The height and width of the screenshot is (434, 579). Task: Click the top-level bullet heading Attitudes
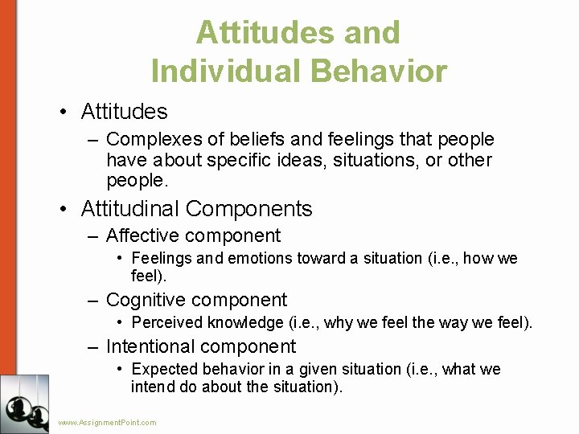[x=124, y=112]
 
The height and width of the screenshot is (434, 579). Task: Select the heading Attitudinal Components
[x=196, y=209]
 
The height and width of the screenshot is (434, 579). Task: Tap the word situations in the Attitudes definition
[x=378, y=160]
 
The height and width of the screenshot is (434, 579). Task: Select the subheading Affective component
[x=193, y=236]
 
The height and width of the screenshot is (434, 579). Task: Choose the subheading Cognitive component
[x=196, y=301]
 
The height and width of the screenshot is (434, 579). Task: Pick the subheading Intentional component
[x=201, y=347]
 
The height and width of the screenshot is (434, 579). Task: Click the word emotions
[x=261, y=259]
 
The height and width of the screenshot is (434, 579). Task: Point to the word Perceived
[x=166, y=323]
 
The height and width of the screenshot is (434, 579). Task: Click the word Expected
[x=164, y=370]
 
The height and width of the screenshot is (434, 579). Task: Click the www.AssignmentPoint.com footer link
[x=108, y=422]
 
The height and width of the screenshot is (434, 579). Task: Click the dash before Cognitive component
[x=93, y=301]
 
